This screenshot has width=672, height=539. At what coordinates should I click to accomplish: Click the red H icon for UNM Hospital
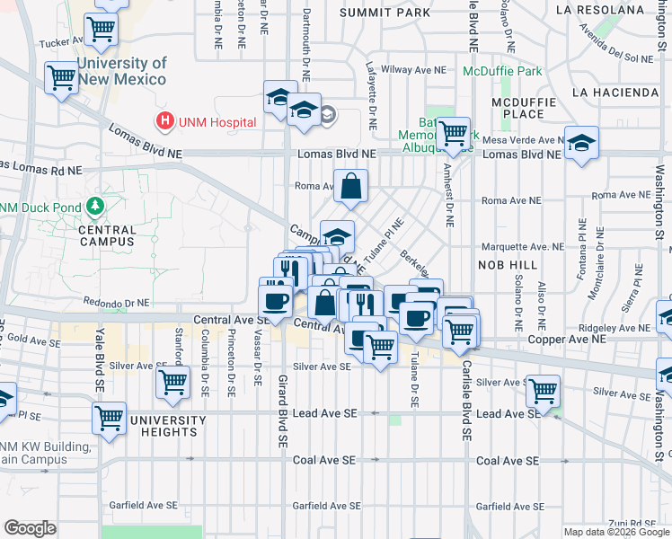point(164,119)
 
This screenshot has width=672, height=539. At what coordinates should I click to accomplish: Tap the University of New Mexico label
point(121,71)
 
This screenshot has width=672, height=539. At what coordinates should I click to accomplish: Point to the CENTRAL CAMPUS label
point(105,235)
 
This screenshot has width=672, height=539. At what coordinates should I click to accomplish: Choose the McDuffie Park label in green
point(502,71)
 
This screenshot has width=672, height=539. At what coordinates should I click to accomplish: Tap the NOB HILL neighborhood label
point(507,265)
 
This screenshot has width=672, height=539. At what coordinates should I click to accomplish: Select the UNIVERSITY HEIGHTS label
point(162,426)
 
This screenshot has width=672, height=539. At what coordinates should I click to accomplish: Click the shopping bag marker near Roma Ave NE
point(351,188)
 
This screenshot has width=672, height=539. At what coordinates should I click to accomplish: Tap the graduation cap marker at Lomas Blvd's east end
point(582,142)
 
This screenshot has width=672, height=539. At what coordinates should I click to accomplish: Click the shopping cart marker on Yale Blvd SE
point(109,418)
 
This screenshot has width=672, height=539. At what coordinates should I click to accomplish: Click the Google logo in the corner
point(29,528)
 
